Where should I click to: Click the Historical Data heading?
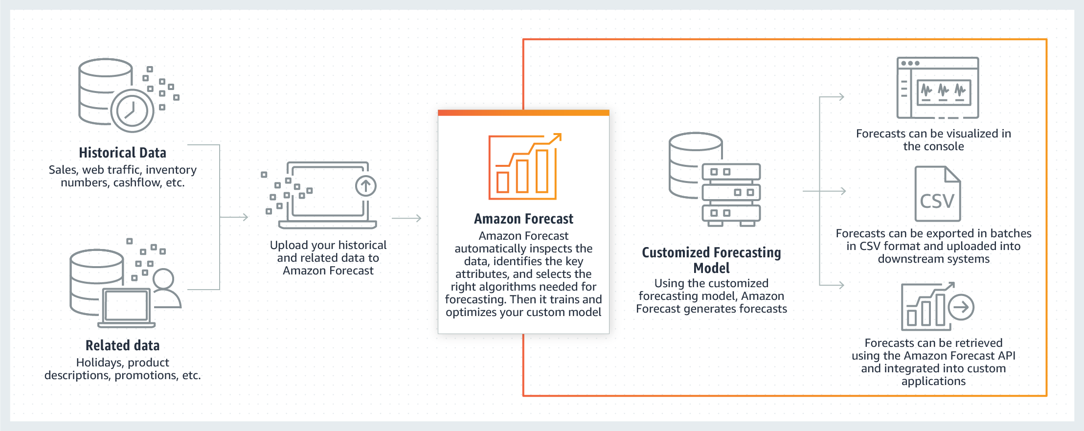pyautogui.click(x=122, y=153)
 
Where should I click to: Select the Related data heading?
pyautogui.click(x=122, y=345)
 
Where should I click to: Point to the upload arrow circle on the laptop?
pyautogui.click(x=365, y=186)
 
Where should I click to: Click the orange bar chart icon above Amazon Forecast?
pyautogui.click(x=524, y=167)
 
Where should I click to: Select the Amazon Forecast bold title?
pyautogui.click(x=523, y=219)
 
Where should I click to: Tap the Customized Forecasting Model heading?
pyautogui.click(x=711, y=260)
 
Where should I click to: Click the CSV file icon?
pyautogui.click(x=937, y=194)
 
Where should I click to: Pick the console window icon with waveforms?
pyautogui.click(x=937, y=88)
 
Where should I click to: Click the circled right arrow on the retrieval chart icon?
pyautogui.click(x=961, y=307)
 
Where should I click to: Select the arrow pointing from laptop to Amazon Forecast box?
pyautogui.click(x=407, y=218)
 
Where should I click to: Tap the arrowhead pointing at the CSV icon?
pyautogui.click(x=842, y=191)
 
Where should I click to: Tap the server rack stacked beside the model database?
pyautogui.click(x=731, y=194)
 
